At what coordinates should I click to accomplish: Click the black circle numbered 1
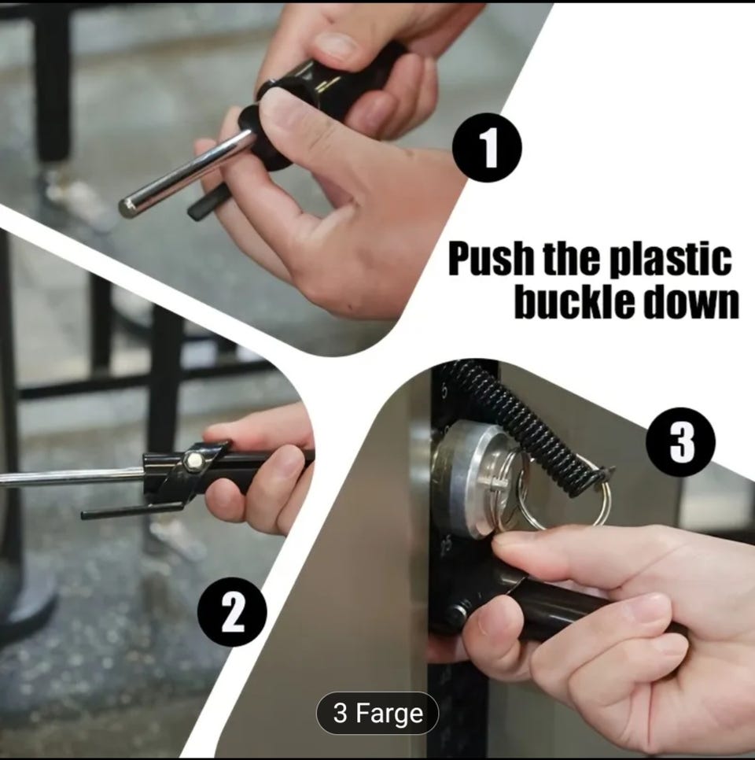(x=487, y=148)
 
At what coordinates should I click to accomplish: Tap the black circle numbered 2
(x=232, y=611)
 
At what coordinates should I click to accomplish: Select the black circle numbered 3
(x=680, y=442)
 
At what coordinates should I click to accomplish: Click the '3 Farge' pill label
(x=377, y=713)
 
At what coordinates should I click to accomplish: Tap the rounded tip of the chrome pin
(x=127, y=208)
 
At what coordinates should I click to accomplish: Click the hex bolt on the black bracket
(x=193, y=458)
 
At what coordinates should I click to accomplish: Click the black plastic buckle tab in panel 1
(x=208, y=203)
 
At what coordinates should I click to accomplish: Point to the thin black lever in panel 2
(x=131, y=509)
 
